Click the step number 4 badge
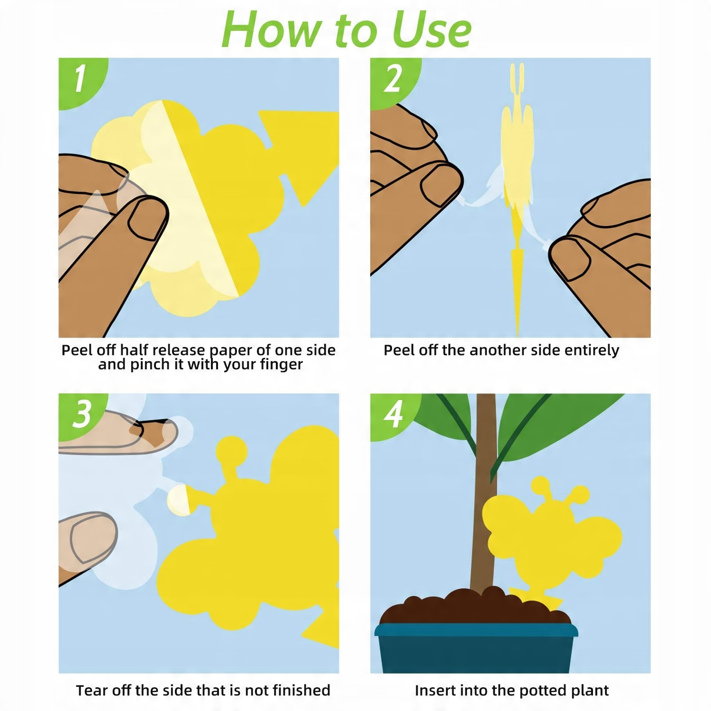tap(393, 414)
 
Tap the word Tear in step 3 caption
tap(92, 690)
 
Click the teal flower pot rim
tap(476, 630)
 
